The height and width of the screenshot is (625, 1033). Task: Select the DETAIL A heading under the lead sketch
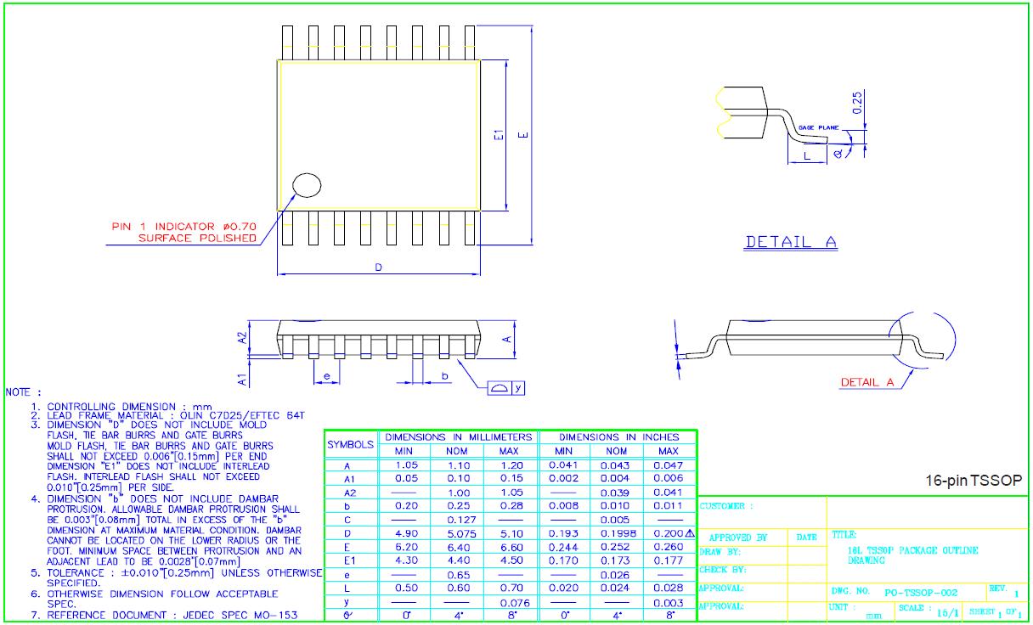click(790, 242)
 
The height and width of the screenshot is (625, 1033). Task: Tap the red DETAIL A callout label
click(866, 382)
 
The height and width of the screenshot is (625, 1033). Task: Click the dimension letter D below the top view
click(379, 267)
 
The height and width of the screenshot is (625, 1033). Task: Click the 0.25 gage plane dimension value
click(858, 102)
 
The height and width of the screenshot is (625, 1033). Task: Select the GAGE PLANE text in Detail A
click(818, 127)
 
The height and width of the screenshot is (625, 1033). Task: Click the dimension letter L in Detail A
click(806, 156)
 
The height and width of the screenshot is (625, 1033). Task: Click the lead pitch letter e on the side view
click(326, 375)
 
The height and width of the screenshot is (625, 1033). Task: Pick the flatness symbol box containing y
click(507, 387)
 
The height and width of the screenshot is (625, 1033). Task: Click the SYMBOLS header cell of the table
click(350, 443)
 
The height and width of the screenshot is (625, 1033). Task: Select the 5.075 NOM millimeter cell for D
click(458, 533)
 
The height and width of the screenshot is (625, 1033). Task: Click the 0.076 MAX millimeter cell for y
click(512, 602)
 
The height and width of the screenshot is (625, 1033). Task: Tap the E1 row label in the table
click(348, 560)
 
